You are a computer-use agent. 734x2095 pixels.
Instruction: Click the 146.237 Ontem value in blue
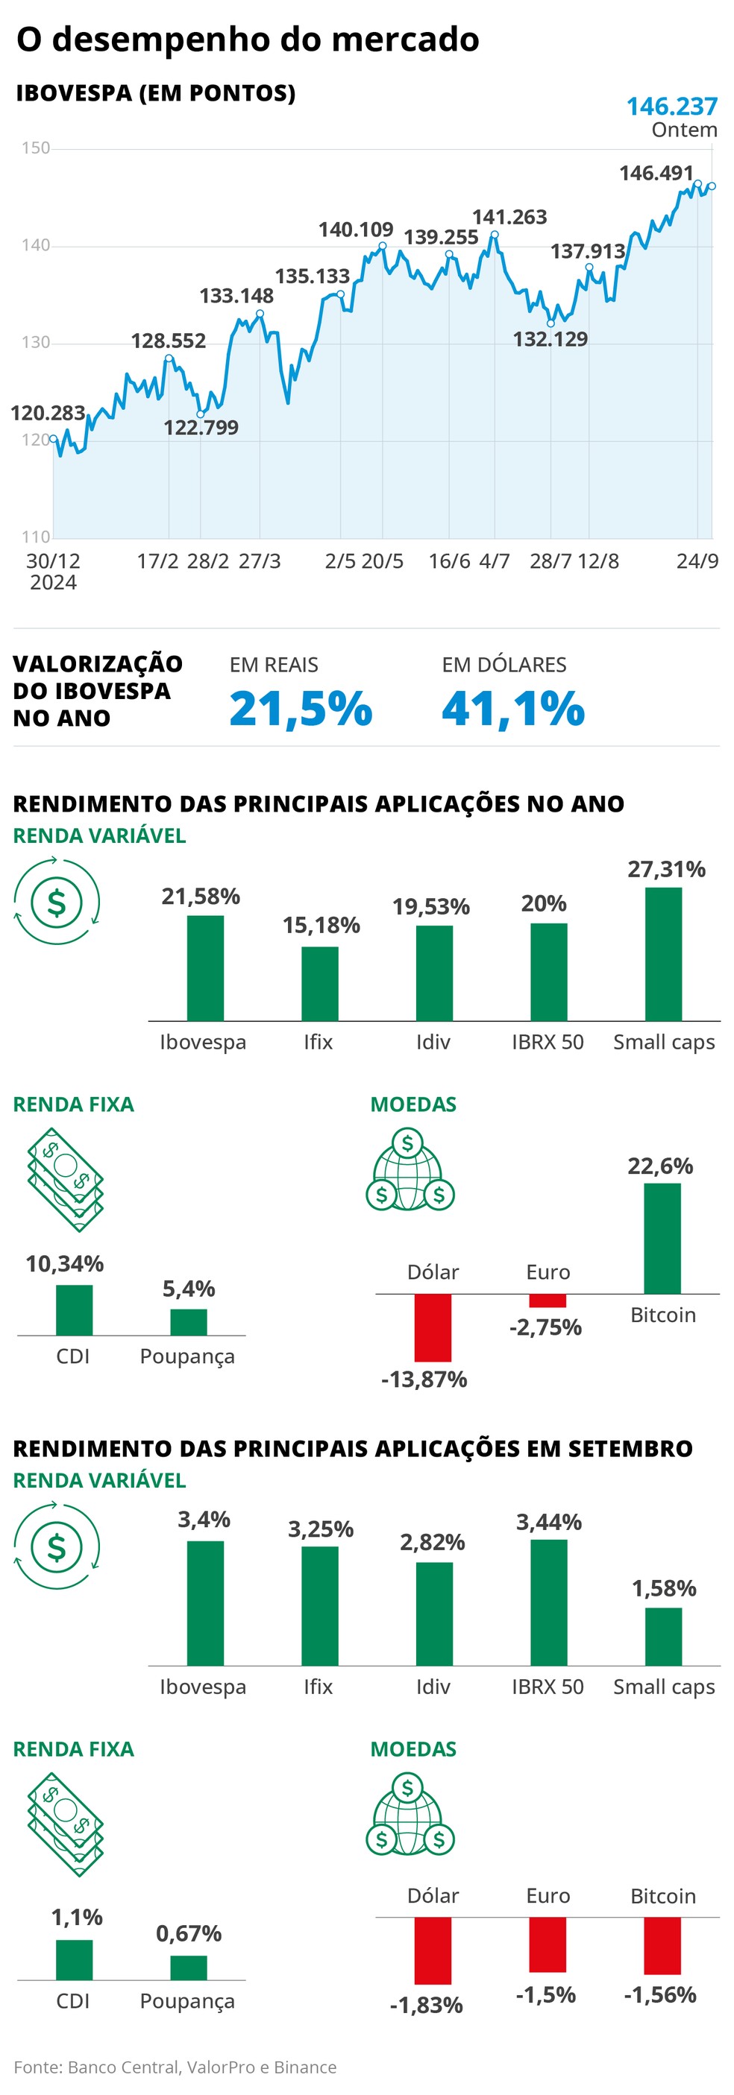tap(671, 107)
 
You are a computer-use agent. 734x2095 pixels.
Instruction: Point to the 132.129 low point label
tap(549, 339)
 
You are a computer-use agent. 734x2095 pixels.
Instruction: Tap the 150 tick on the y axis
tap(35, 148)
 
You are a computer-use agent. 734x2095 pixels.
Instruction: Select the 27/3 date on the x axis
tap(259, 561)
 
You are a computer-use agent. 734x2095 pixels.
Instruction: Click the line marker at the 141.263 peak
tap(494, 235)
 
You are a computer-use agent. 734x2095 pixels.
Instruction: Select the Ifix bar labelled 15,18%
tap(320, 983)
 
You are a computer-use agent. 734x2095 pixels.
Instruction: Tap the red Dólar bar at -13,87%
tap(432, 1327)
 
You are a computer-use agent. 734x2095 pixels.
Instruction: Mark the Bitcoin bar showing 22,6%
tap(662, 1238)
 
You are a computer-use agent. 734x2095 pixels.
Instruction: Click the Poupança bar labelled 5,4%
tap(188, 1321)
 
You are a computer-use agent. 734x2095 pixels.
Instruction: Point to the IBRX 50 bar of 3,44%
tap(548, 1602)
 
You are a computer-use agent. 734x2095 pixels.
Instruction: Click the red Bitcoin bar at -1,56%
tap(662, 1945)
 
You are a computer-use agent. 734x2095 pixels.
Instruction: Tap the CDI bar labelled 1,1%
tap(74, 1959)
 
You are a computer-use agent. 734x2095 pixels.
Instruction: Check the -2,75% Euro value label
tap(545, 1327)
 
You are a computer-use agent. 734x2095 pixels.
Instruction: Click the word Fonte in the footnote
tap(37, 2067)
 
